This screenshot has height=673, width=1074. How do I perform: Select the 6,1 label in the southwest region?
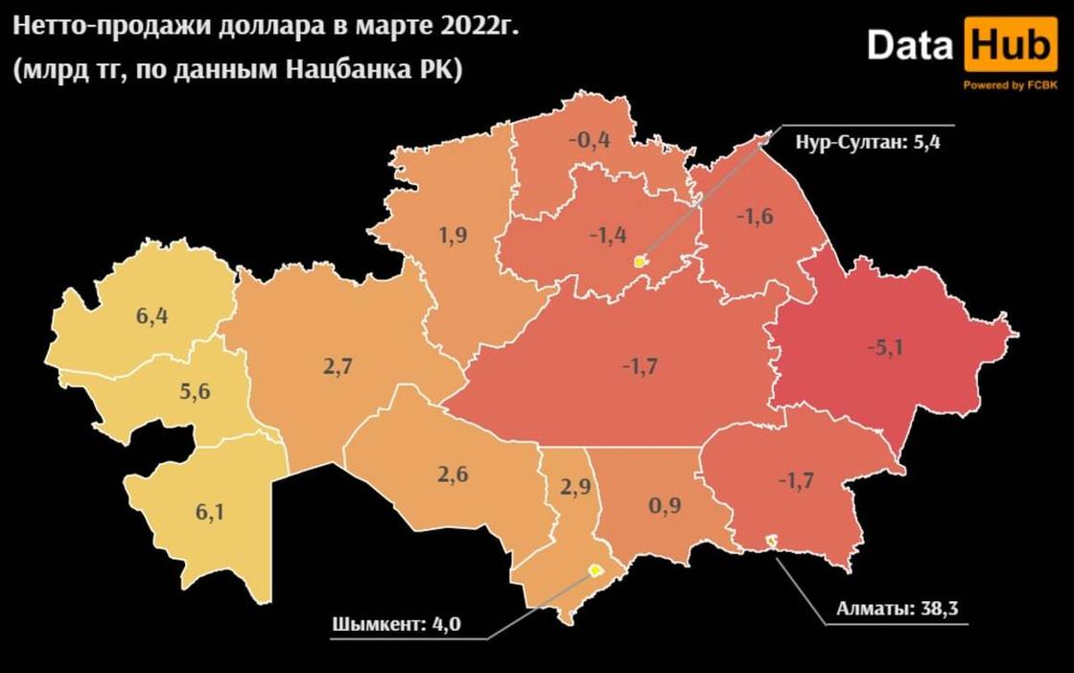211,512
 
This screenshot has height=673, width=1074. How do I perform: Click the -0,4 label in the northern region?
589,140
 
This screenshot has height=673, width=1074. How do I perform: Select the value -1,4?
608,234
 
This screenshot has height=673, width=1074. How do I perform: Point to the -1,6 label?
754,217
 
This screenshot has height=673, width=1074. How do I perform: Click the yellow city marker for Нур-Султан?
641,261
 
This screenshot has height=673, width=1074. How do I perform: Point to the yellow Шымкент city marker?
595,570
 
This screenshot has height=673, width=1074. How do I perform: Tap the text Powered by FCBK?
1010,85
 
